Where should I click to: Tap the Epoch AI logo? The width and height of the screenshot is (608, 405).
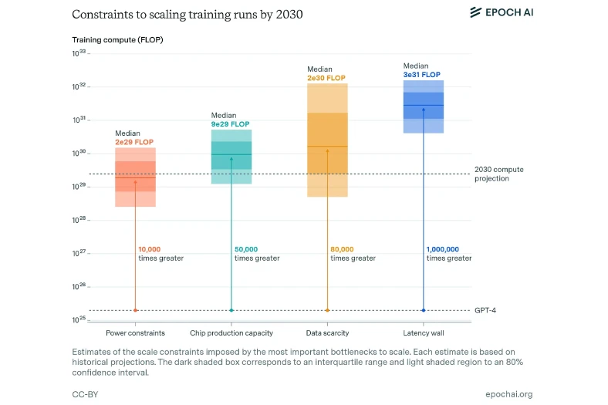(x=501, y=12)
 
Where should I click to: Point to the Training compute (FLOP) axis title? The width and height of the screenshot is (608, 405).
(x=117, y=39)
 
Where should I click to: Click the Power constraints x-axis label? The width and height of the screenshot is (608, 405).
(x=135, y=332)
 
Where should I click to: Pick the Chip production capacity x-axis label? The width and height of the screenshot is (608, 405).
(x=231, y=332)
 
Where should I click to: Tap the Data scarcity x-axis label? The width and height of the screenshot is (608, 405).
(x=327, y=332)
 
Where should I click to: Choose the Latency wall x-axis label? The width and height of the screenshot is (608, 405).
(x=422, y=332)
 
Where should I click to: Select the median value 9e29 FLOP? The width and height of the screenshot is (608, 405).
(x=231, y=123)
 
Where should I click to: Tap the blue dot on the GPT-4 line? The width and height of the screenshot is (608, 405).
(x=423, y=310)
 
